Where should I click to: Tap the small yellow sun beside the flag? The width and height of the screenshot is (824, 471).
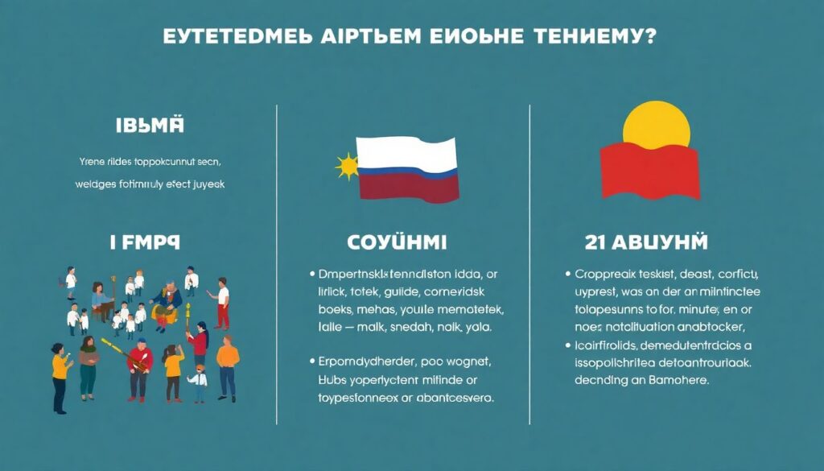(x=348, y=167)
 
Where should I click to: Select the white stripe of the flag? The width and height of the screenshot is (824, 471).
(x=407, y=153)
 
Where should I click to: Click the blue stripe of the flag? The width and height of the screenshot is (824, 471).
(x=407, y=171)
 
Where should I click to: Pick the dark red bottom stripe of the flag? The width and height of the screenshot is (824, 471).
(x=407, y=188)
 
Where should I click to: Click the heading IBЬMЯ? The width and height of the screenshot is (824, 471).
(x=150, y=126)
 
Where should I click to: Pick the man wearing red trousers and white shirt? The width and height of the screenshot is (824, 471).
(x=222, y=304)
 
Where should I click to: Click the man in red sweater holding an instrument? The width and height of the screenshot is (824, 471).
(x=140, y=366)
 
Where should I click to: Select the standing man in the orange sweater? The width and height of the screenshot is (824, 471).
(x=228, y=366)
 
